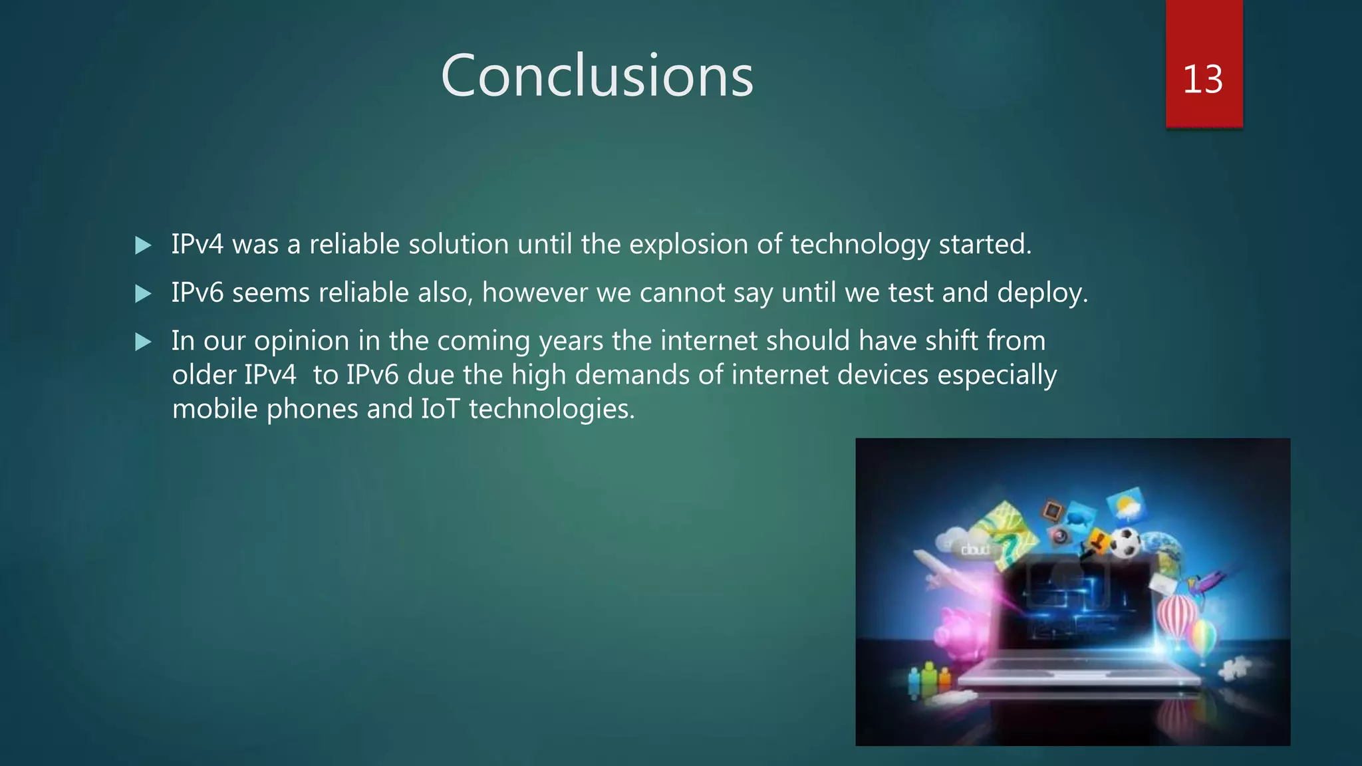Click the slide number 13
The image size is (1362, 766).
point(1202,79)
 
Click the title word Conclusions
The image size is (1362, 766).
point(597,76)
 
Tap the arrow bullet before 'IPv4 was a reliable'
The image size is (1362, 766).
point(143,245)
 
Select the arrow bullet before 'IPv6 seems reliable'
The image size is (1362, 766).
point(143,293)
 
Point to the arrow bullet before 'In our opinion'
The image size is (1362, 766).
point(143,342)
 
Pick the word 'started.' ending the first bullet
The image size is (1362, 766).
point(985,245)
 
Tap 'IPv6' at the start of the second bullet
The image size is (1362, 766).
point(198,293)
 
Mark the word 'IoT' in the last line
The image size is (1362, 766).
point(440,409)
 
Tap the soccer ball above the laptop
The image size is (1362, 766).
point(1125,543)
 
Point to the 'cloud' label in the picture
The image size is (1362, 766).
point(975,550)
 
